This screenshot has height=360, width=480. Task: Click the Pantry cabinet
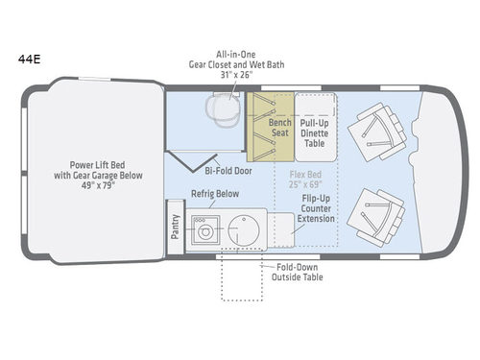[176, 227]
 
